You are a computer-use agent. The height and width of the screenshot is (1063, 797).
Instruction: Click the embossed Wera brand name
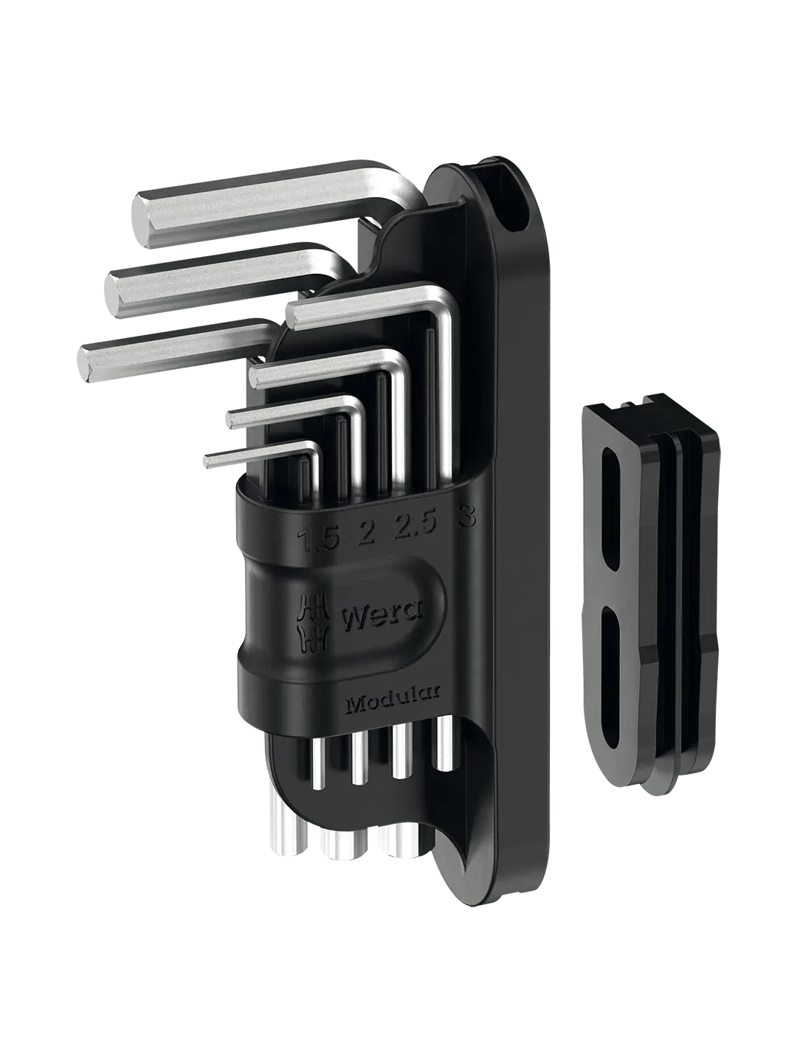382,618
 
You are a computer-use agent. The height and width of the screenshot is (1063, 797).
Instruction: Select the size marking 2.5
417,523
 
